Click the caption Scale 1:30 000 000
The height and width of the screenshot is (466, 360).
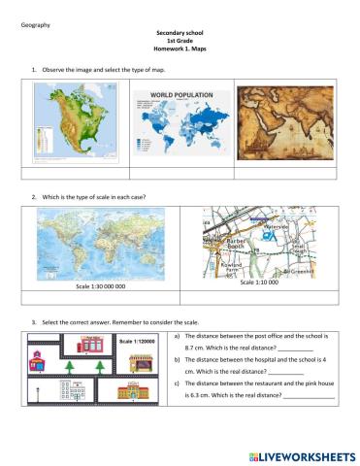[101, 287]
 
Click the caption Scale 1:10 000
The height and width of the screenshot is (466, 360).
[260, 282]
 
